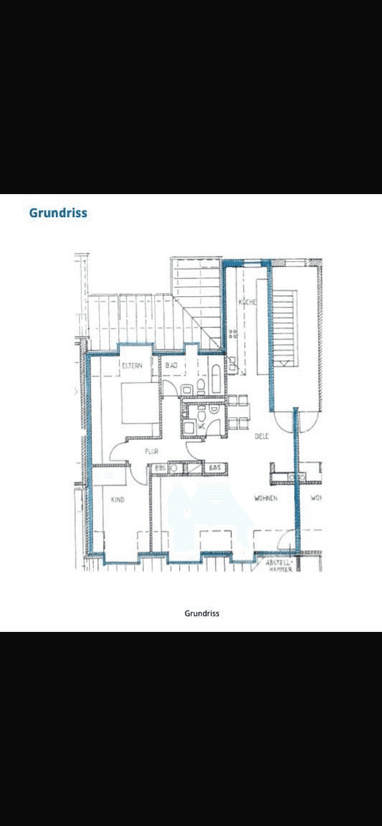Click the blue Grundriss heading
click(58, 213)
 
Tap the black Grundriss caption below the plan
click(202, 613)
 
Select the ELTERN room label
click(132, 367)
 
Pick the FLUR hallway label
click(152, 452)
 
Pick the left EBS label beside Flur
click(161, 467)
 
